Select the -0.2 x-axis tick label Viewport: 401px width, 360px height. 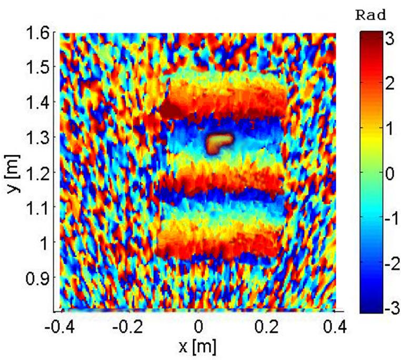129,328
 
